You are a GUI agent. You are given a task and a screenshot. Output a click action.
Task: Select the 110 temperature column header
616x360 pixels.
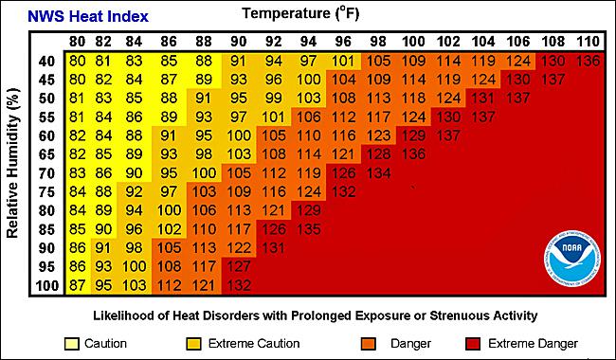pyautogui.click(x=588, y=43)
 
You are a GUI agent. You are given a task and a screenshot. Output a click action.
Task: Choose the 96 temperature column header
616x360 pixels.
pyautogui.click(x=343, y=43)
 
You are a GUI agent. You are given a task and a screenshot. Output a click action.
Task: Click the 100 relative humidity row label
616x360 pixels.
pyautogui.click(x=46, y=285)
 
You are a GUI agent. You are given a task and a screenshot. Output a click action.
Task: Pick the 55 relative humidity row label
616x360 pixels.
pyautogui.click(x=46, y=117)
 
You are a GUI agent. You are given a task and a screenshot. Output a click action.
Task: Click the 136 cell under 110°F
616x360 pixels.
pyautogui.click(x=588, y=62)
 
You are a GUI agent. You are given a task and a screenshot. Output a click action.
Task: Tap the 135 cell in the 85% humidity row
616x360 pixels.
pyautogui.click(x=308, y=228)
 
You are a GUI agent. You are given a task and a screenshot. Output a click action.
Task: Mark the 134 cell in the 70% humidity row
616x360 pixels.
pyautogui.click(x=378, y=172)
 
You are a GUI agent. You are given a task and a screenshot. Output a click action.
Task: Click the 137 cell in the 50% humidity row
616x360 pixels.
pyautogui.click(x=517, y=98)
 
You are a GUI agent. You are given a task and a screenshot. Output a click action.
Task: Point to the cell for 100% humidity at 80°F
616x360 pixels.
pyautogui.click(x=77, y=285)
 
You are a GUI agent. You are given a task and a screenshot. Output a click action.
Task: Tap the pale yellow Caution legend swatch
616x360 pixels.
pyautogui.click(x=72, y=342)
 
